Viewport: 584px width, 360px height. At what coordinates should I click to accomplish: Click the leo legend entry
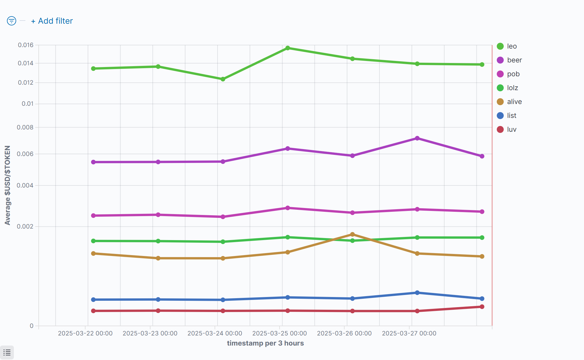512,46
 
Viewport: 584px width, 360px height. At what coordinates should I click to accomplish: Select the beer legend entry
514,60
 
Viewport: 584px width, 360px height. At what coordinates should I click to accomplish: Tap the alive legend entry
514,102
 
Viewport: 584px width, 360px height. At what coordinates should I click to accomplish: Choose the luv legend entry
512,129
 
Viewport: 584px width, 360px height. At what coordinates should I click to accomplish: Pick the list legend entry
512,116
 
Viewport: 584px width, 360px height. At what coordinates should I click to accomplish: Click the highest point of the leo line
288,48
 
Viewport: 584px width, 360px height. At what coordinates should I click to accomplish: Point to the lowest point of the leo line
223,79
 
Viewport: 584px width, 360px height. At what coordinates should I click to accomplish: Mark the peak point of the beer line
417,138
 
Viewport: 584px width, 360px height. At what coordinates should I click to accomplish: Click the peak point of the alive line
352,234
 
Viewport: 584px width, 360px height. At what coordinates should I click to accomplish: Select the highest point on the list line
417,293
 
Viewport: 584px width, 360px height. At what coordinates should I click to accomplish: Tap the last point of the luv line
482,307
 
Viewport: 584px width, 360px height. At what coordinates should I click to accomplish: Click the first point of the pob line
93,216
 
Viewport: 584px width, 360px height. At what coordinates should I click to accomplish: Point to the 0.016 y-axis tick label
26,45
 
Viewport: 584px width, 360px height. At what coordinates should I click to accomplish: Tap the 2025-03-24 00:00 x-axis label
215,333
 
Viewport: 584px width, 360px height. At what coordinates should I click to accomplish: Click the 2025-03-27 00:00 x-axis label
409,333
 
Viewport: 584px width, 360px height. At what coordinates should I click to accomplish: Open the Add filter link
52,21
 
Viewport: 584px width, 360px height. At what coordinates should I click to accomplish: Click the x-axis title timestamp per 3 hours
265,343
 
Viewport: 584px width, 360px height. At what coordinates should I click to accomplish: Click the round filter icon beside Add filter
12,21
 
